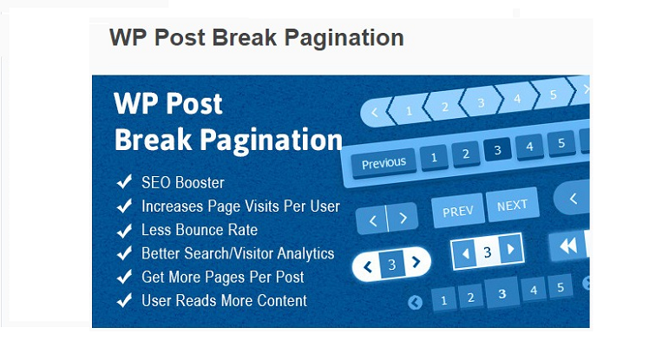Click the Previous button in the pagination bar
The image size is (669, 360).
coord(384,162)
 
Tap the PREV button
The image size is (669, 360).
coord(458,211)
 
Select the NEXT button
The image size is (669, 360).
coord(513,206)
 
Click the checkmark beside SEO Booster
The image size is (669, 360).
coord(124,181)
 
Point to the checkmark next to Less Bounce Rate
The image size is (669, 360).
coord(124,231)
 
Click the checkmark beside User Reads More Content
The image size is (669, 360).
coord(124,300)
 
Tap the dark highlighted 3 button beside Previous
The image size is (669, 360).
coord(497,150)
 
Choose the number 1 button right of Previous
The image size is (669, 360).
coord(434,157)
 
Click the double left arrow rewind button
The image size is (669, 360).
coord(568,245)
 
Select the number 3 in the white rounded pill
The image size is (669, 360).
coord(392,265)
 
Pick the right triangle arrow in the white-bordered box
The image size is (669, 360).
coord(510,249)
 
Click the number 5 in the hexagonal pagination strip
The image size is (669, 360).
coord(553,95)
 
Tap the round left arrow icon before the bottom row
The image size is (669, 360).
coord(415,302)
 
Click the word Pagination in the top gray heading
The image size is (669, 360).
coord(344,38)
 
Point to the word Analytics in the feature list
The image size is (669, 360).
coord(305,253)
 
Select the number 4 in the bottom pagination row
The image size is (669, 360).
coord(534,290)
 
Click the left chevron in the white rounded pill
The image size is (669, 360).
coord(367,267)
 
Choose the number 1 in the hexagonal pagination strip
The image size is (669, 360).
coord(409,111)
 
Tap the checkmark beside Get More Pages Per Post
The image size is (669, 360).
coord(124,277)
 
